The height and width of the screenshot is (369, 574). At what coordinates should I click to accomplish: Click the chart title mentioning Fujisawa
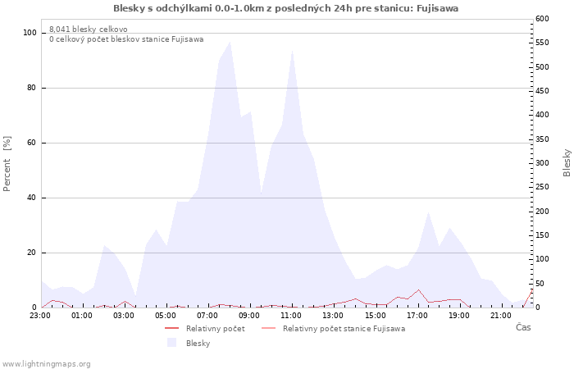coord(285,8)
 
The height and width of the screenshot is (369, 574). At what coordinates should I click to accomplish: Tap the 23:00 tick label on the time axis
coord(40,316)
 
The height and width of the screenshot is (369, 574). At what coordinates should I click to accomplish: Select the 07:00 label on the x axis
coord(207,316)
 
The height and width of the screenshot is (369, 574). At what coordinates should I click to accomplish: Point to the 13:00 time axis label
coord(333,316)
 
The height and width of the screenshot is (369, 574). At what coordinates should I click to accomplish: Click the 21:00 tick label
coord(501,316)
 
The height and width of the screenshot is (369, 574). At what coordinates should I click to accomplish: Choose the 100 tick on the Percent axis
coord(30,33)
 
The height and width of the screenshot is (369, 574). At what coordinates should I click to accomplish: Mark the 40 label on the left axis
coord(32,198)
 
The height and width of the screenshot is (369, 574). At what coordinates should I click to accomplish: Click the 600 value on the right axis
coord(542,19)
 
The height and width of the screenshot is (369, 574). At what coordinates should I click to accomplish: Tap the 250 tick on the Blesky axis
coord(542,187)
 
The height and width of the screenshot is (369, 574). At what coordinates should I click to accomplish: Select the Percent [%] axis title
coord(7,164)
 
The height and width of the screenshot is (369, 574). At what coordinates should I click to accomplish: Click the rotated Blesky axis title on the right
coord(567,163)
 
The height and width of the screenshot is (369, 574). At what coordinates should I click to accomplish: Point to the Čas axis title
coord(523,327)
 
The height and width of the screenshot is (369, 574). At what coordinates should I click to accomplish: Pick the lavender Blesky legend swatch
coord(171,343)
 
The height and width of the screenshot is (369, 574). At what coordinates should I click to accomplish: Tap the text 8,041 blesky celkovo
coord(89,30)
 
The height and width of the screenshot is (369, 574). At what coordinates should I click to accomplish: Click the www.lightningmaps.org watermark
coord(46,364)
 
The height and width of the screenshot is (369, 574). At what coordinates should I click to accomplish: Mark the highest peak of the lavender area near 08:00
coord(230,42)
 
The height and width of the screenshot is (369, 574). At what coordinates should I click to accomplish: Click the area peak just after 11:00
coord(293,51)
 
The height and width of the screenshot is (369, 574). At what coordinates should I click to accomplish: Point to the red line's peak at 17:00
coord(418,289)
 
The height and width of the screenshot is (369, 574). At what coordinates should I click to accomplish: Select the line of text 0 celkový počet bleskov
coord(126,39)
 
